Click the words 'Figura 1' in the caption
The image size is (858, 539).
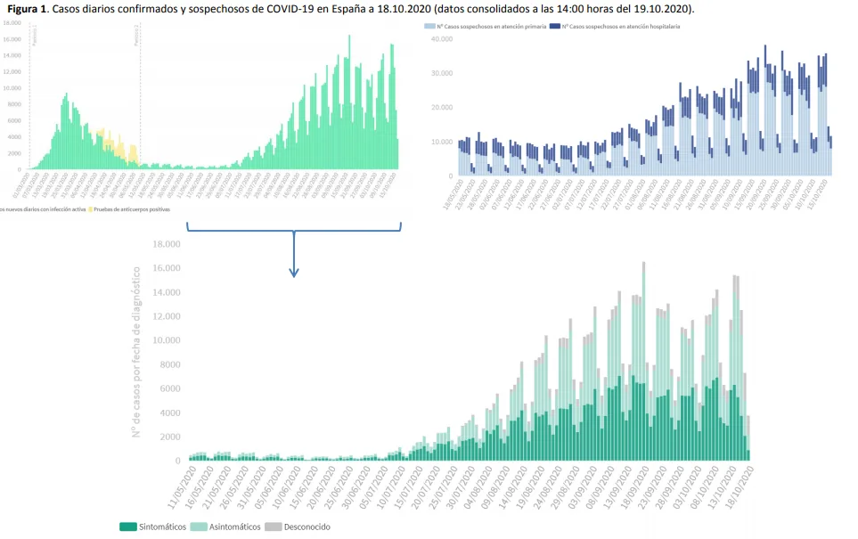pos(27,9)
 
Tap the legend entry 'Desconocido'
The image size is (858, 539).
pos(306,527)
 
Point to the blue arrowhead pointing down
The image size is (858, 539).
pos(294,271)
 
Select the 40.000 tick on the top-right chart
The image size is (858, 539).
pos(442,39)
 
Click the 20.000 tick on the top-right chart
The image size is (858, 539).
pos(442,108)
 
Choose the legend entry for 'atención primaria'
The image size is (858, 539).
pos(490,28)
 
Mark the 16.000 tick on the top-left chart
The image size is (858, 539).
pos(12,39)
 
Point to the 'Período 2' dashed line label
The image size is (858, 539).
pos(137,34)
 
